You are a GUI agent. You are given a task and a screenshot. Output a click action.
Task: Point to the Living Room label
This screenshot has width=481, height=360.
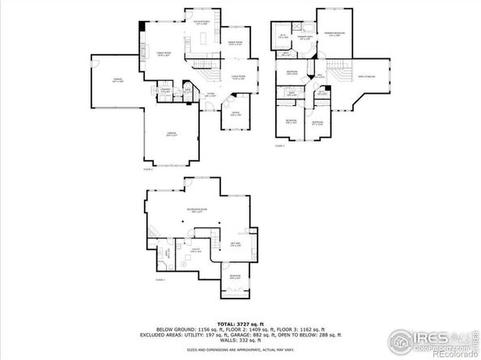click(238, 77)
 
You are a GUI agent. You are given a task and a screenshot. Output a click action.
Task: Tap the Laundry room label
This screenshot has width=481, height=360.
click(164, 91)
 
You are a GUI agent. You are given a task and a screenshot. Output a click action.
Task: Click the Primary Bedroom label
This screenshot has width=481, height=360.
click(335, 33)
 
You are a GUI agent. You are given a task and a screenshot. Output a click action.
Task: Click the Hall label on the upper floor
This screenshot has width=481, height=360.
click(319, 75)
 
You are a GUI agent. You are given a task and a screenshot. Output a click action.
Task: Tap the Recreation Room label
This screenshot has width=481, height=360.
click(197, 210)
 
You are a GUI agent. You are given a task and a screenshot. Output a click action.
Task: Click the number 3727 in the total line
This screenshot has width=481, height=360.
click(240, 322)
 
